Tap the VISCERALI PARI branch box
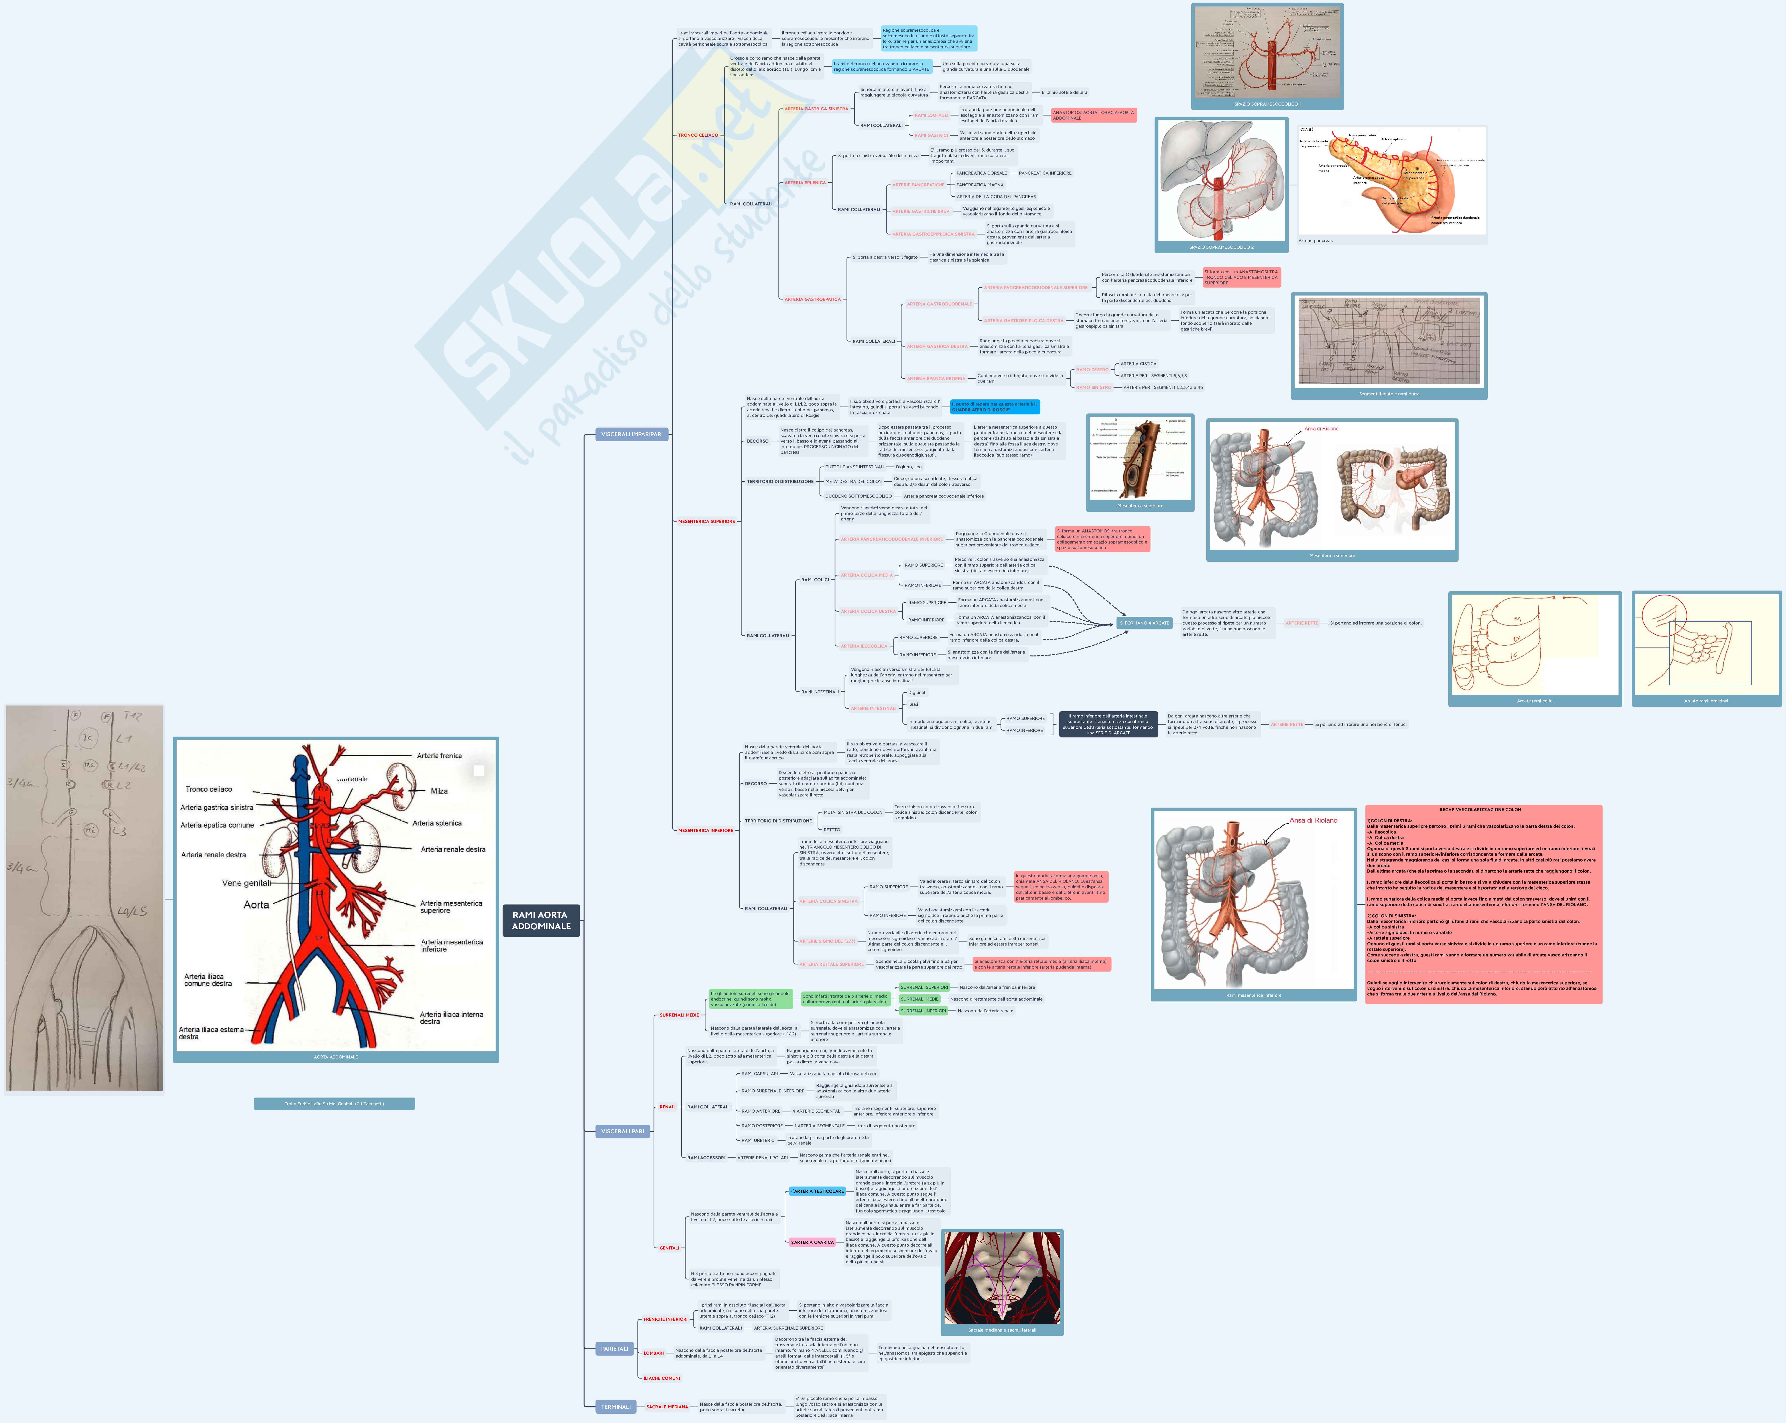click(622, 1131)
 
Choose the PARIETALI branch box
click(614, 1348)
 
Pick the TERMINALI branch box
click(616, 1406)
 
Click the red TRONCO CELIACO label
click(697, 135)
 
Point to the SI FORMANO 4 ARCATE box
click(1144, 623)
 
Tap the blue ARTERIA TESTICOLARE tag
click(818, 1191)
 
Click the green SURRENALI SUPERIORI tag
click(924, 987)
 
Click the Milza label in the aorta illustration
click(439, 791)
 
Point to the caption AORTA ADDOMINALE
click(335, 1057)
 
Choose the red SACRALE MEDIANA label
click(667, 1406)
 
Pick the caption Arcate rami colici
click(1534, 701)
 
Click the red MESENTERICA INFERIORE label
click(705, 830)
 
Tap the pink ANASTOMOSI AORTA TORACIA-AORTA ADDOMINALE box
click(1093, 115)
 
